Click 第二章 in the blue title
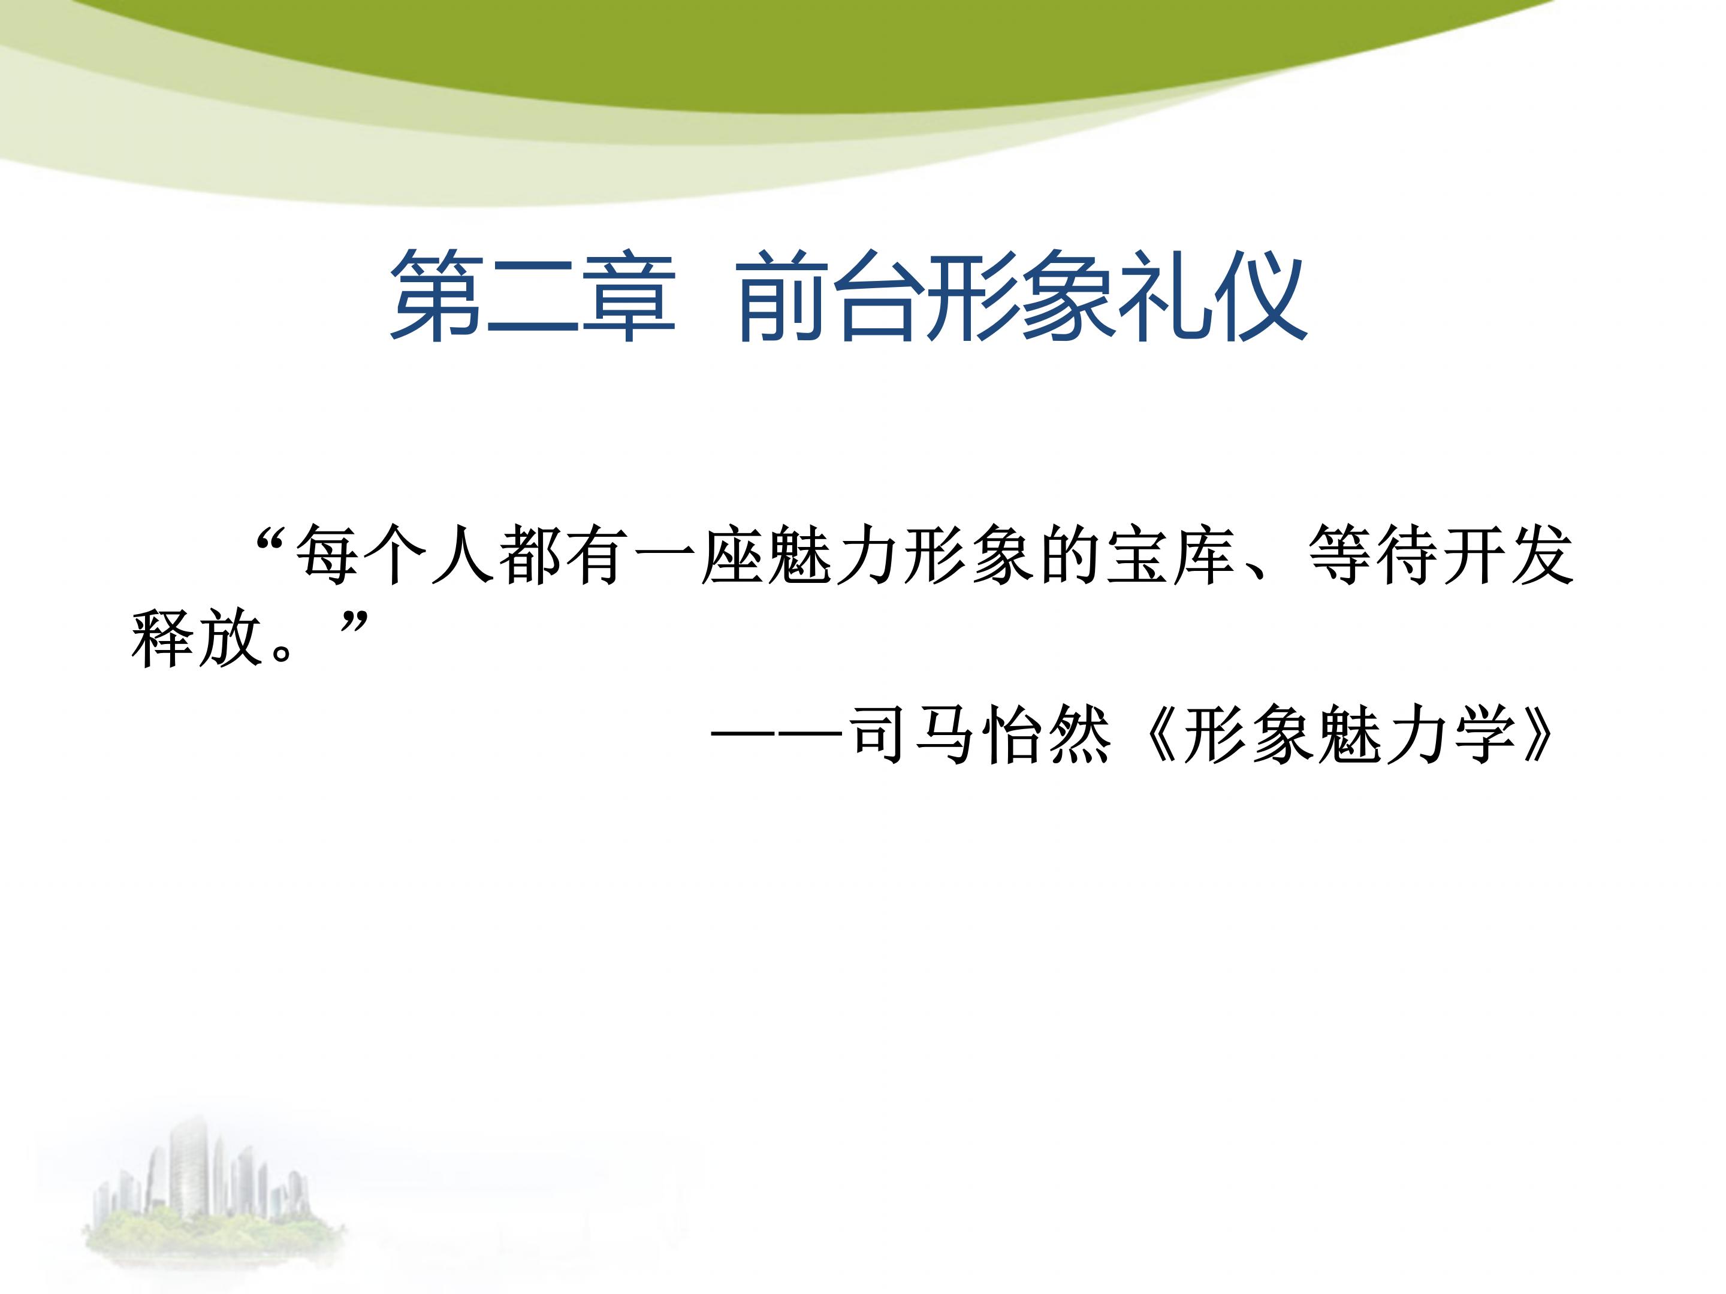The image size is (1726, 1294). click(532, 297)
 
